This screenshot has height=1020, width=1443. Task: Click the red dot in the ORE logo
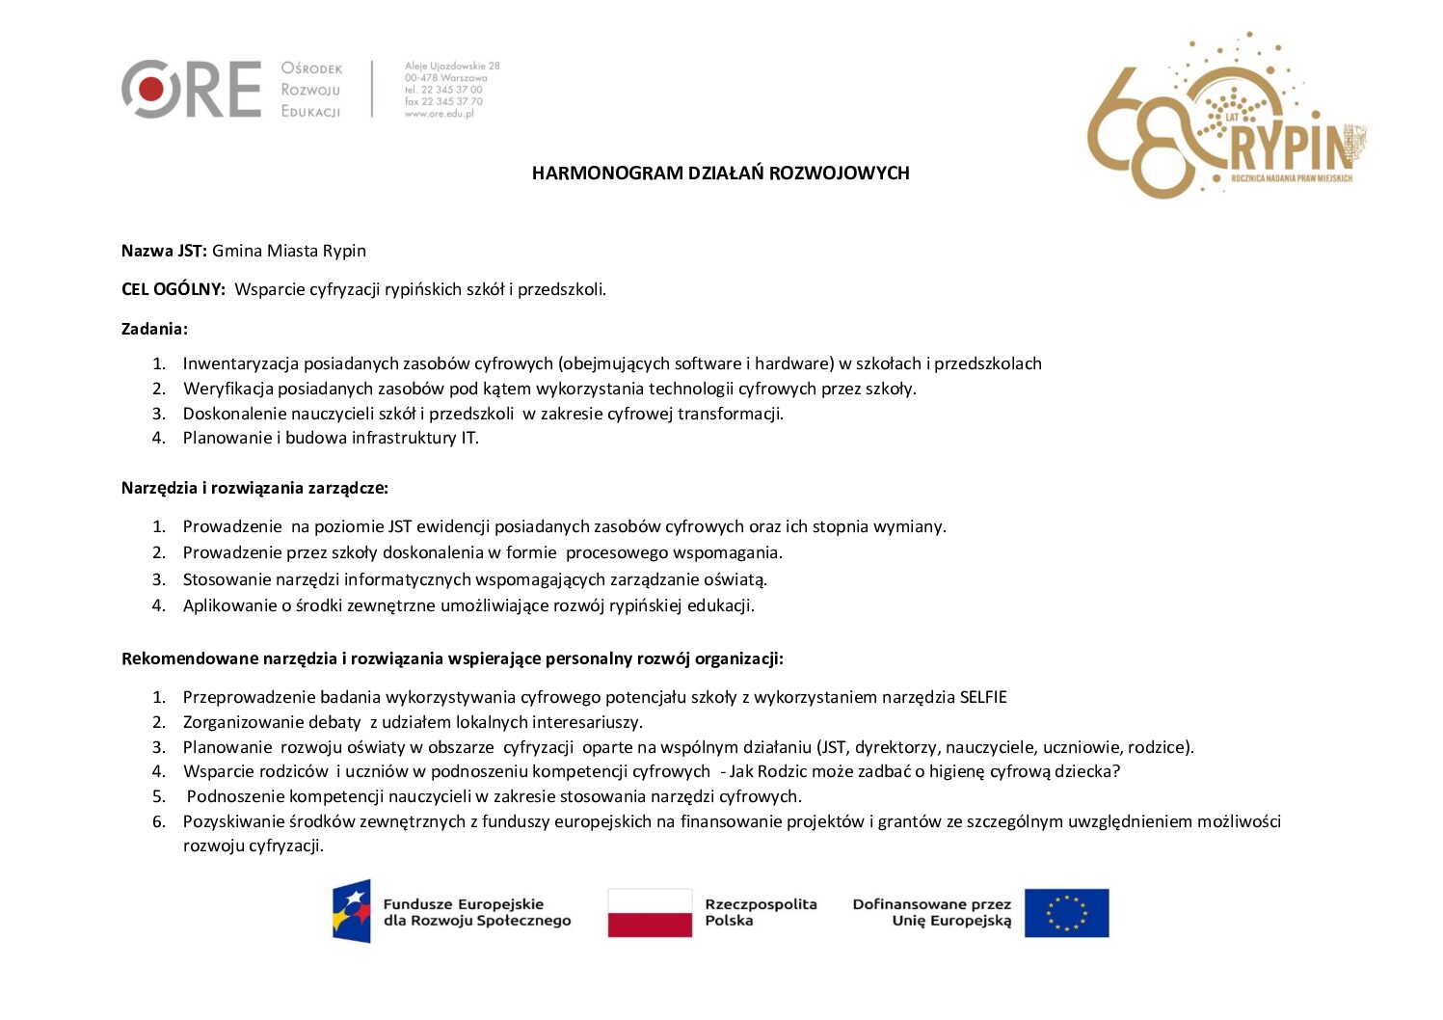point(150,90)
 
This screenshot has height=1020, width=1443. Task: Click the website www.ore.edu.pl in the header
point(440,114)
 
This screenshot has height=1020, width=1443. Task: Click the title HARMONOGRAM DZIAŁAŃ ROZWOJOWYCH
point(720,174)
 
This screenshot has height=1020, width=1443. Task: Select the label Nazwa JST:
point(164,251)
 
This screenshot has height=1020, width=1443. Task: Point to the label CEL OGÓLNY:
point(174,289)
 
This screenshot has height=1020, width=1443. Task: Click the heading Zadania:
point(154,329)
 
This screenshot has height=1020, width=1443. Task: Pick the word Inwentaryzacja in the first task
point(241,363)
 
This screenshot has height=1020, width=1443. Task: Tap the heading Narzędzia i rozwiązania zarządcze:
point(254,488)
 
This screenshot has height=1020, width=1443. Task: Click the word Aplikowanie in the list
point(229,605)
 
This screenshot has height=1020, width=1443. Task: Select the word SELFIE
point(983,697)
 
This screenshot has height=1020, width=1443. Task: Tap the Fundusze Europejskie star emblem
point(352,911)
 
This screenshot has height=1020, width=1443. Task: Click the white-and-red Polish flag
point(650,912)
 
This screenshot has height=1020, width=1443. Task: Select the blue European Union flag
point(1066,912)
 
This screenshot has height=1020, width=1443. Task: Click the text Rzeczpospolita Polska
point(761,912)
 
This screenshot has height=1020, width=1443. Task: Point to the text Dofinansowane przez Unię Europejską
point(932,912)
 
